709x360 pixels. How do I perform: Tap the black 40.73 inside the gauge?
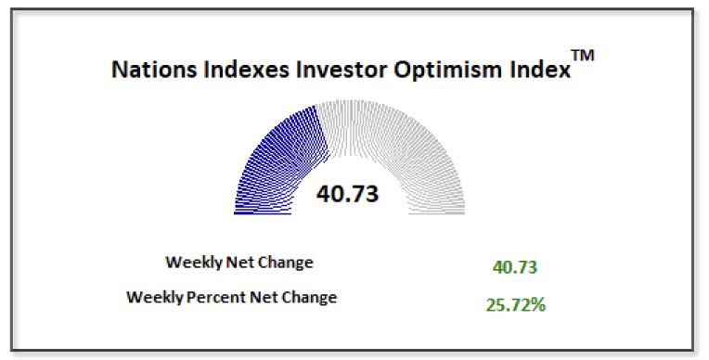(x=349, y=194)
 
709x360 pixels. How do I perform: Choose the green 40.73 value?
(x=515, y=267)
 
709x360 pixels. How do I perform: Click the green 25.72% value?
(x=515, y=303)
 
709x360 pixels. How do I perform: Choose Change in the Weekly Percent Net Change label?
(x=310, y=298)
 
